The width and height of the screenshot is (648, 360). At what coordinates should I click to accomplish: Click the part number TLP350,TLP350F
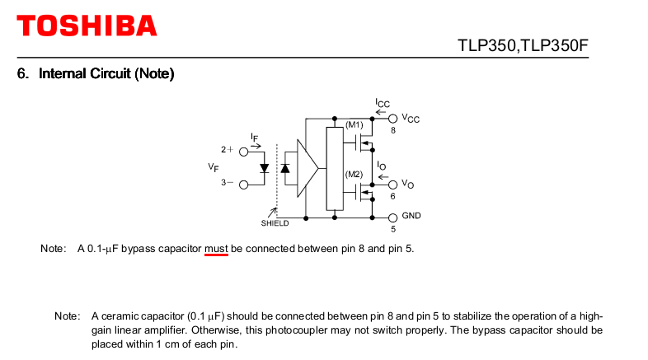524,45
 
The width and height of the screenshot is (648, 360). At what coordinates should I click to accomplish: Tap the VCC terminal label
411,119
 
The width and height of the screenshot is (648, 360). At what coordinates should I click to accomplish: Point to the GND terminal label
411,215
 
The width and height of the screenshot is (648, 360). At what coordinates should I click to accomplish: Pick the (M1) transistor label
354,124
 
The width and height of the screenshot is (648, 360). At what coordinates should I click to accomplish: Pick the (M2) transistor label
354,175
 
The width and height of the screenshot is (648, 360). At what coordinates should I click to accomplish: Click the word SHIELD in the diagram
275,223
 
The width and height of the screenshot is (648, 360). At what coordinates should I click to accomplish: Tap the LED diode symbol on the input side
264,168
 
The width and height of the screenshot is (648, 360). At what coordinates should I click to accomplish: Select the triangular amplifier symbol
308,168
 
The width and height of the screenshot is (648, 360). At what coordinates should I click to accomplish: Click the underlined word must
216,248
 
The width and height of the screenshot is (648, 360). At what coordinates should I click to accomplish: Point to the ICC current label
383,103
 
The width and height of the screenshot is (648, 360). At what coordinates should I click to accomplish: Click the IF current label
256,136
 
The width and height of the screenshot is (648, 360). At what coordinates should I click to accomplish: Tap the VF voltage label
214,167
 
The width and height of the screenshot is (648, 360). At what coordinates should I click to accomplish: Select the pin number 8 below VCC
393,131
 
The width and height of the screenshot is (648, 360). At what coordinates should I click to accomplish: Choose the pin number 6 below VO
392,196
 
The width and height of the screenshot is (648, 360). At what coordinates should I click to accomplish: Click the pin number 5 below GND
393,228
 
